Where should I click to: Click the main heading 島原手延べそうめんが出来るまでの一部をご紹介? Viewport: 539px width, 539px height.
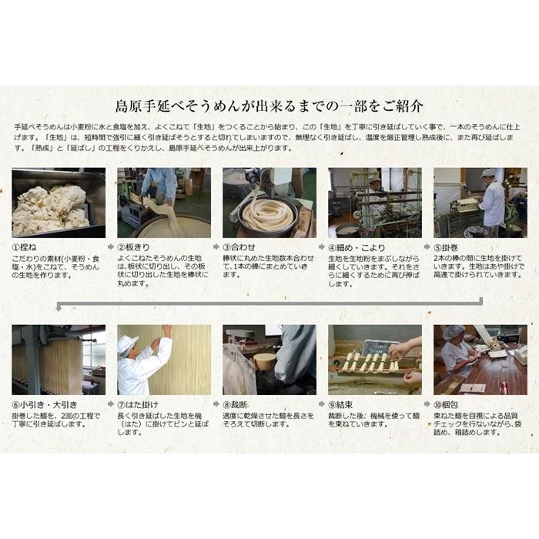coord(269,105)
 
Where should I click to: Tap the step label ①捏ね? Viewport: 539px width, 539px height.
coord(28,248)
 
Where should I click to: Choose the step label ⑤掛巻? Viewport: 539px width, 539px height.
coord(451,248)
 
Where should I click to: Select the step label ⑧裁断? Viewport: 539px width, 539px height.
coord(237,405)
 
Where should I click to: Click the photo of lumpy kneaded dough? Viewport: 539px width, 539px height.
coord(59,203)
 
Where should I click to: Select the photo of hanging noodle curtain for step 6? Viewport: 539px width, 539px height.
coord(59,360)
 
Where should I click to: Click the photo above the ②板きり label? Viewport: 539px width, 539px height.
coord(163,203)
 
